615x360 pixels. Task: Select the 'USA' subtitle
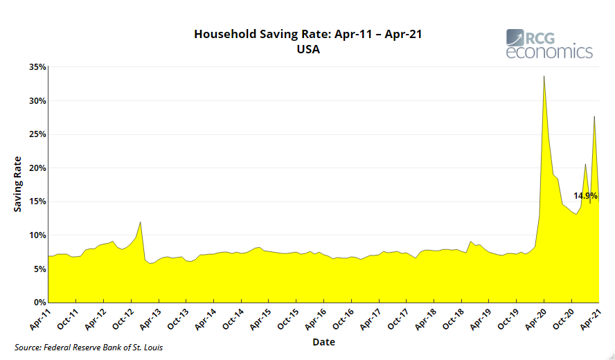pos(307,49)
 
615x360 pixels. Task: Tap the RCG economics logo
pos(549,44)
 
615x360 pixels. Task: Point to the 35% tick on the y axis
pos(37,67)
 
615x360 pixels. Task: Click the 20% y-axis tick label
pos(37,168)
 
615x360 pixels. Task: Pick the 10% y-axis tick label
pos(37,235)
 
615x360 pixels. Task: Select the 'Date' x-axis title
pos(323,342)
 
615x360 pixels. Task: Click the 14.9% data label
pos(585,196)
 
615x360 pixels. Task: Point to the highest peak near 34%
pos(544,76)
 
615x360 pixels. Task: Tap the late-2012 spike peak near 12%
pos(141,222)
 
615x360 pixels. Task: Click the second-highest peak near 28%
pos(594,117)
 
